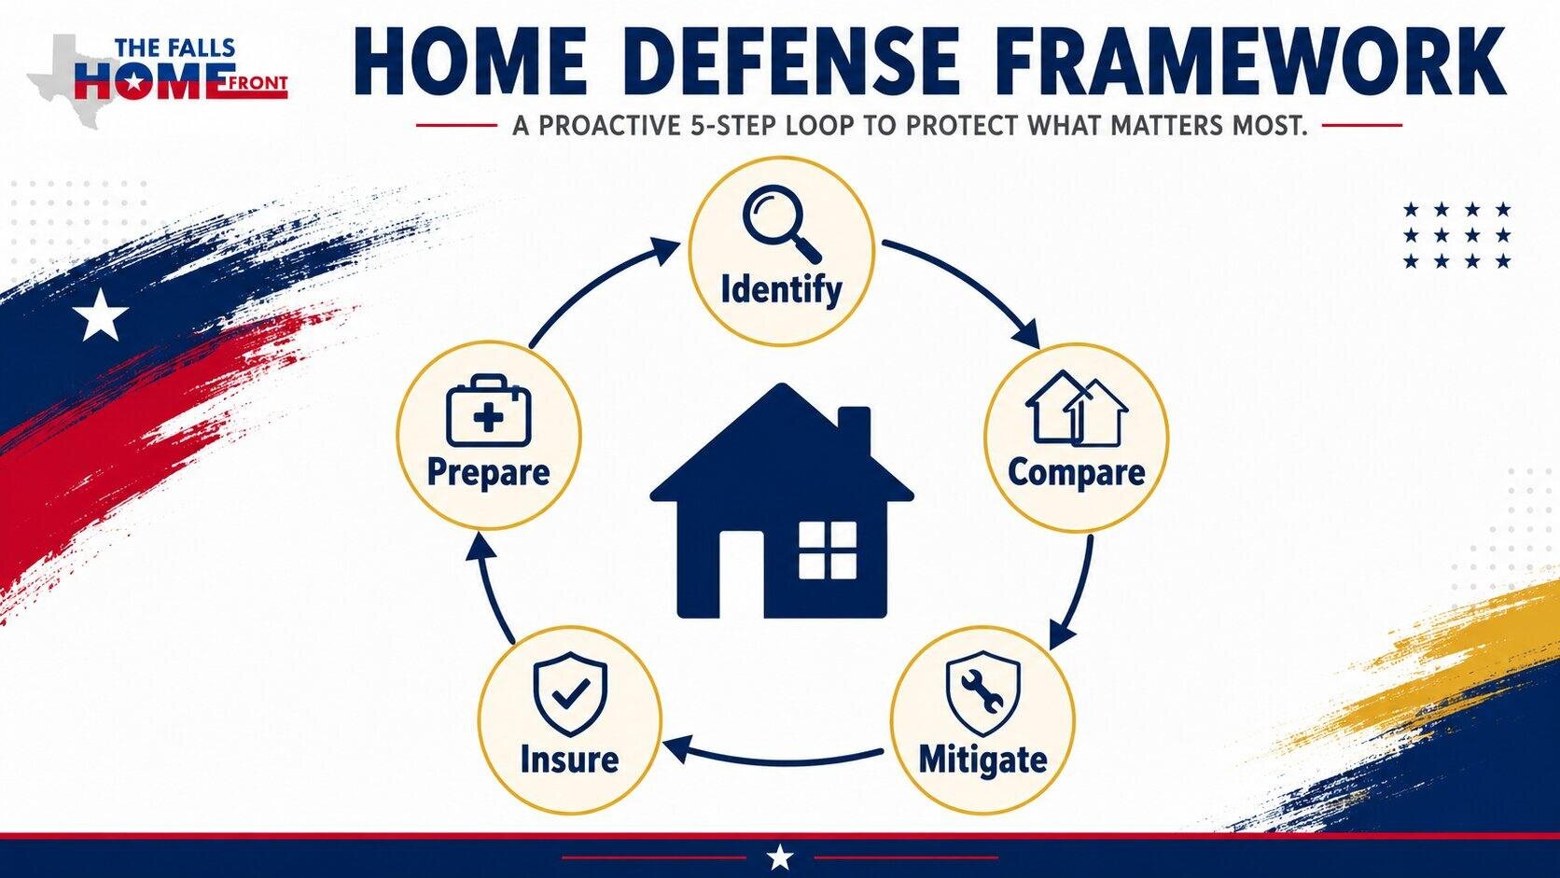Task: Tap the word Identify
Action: (x=781, y=289)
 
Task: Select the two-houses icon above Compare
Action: (x=1077, y=409)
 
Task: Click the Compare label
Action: (x=1076, y=473)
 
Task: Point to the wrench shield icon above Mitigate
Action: (x=982, y=693)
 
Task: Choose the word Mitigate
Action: (x=982, y=759)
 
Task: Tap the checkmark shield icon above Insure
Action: (x=570, y=693)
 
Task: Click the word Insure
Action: (x=570, y=759)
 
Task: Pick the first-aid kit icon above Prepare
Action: (x=488, y=411)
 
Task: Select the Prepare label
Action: (x=488, y=473)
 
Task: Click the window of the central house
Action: (x=828, y=550)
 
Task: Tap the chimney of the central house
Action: (x=854, y=432)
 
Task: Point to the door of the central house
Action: (x=742, y=575)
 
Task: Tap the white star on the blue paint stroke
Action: (x=101, y=314)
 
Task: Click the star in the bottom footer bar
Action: (x=780, y=857)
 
